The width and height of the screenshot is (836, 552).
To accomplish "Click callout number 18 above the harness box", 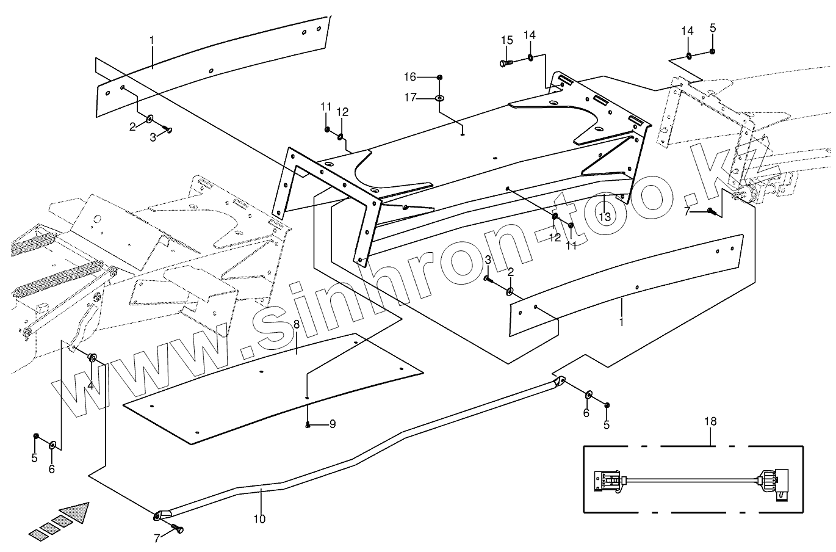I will pos(710,422).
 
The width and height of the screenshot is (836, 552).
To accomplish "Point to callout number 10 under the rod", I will pos(259,519).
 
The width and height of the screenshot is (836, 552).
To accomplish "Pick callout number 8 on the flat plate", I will pos(297,325).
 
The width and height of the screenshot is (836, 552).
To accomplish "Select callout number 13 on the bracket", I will pos(604,216).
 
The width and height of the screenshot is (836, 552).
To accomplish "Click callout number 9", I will pos(333,424).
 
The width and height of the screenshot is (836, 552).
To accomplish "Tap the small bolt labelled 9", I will pos(309,424).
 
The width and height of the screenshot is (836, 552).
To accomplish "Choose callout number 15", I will pos(507,40).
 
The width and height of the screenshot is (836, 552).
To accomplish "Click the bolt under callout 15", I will pos(504,62).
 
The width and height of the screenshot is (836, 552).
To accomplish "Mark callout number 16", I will pos(410,77).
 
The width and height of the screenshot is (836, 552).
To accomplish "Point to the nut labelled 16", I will pos(439,77).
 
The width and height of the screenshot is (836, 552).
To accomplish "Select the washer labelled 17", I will pos(439,98).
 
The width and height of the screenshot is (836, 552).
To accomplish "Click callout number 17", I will pos(410,97).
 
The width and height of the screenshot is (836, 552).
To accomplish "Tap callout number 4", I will pos(90,385).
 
